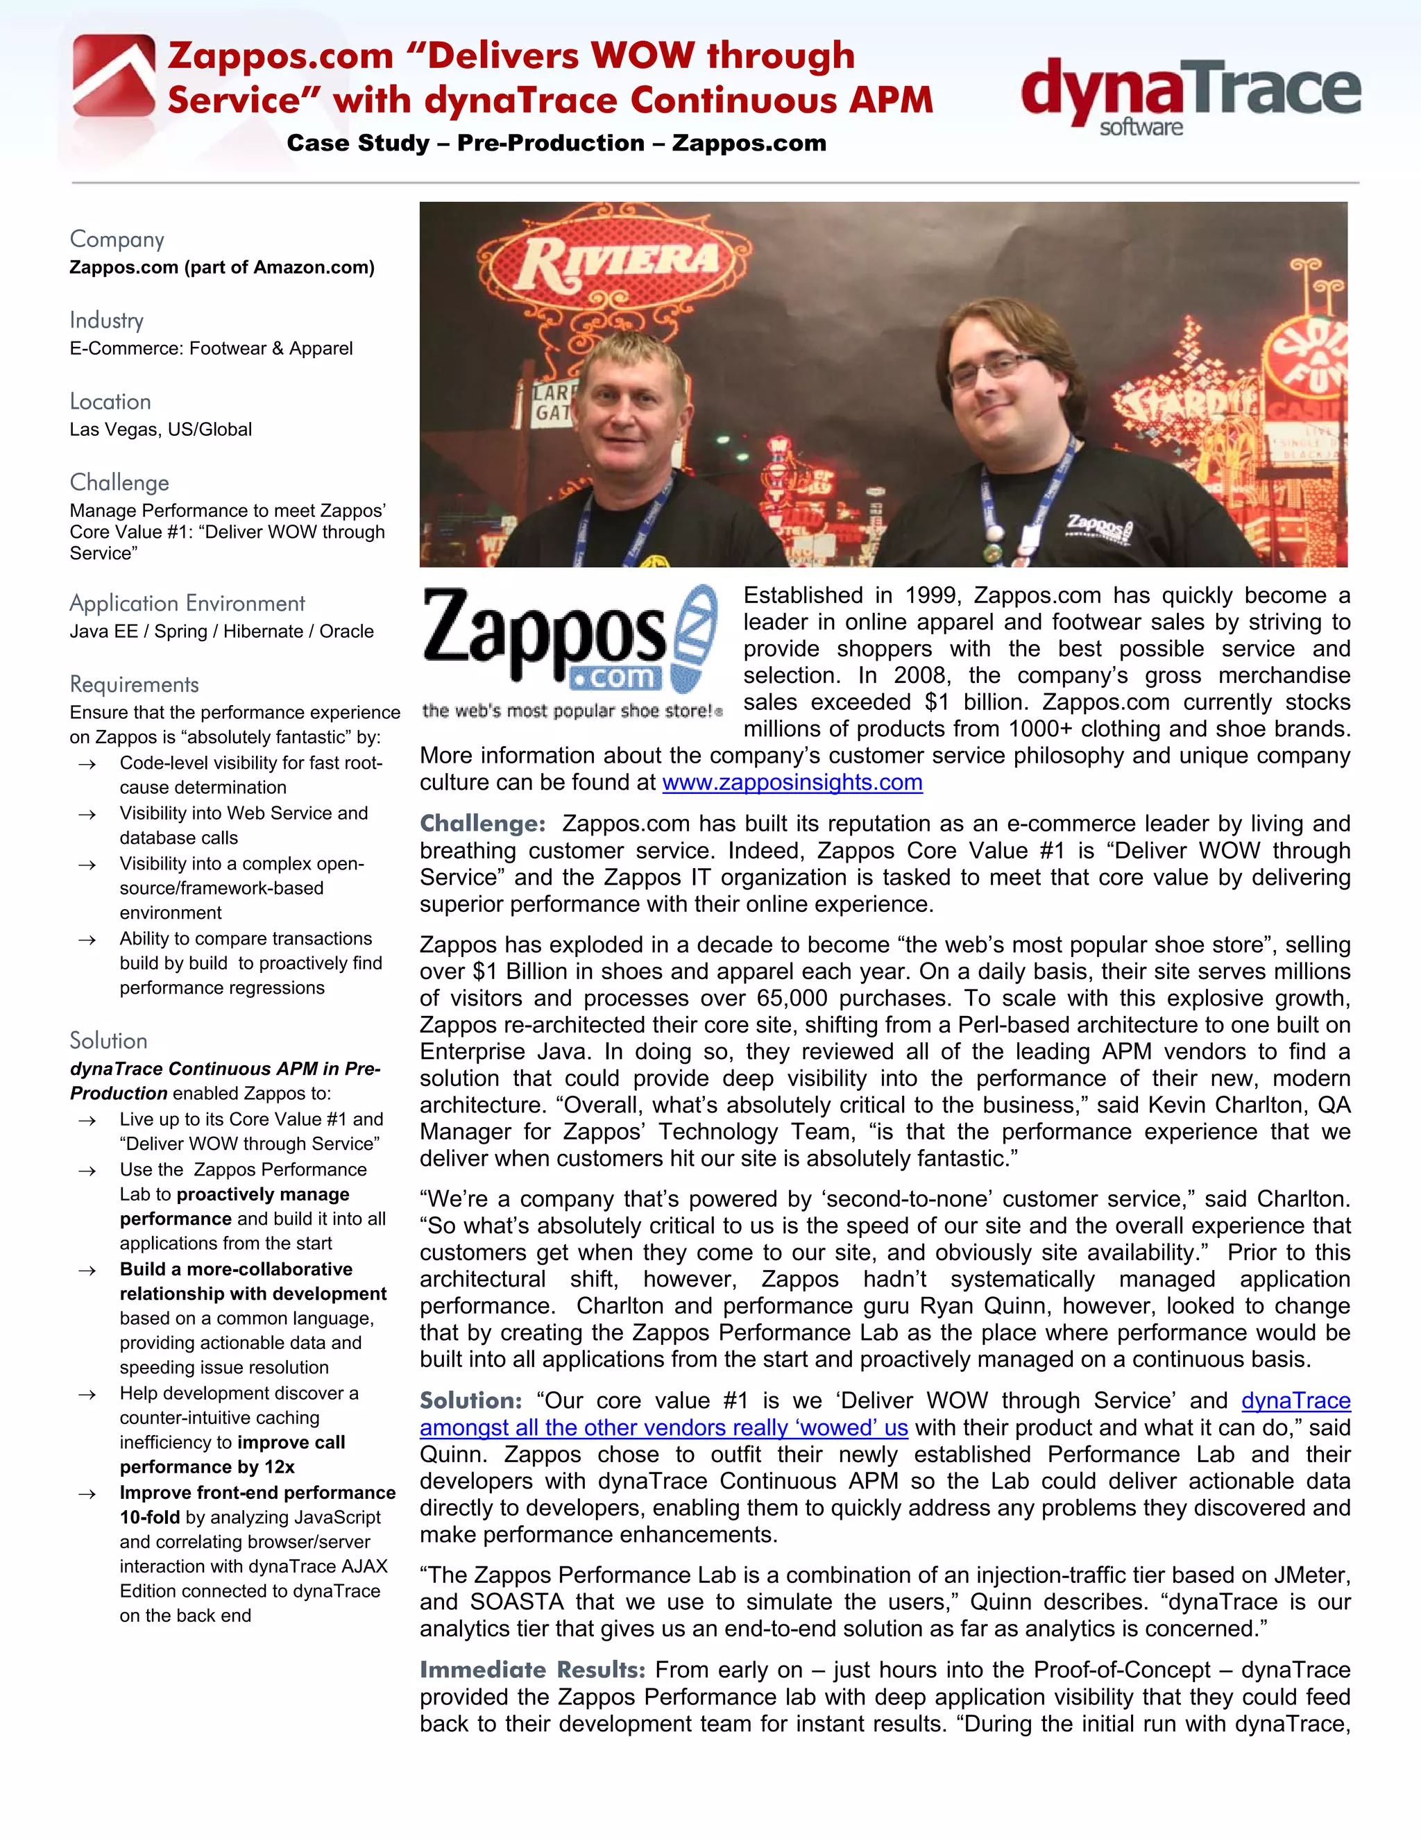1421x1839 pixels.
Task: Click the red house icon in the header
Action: click(114, 76)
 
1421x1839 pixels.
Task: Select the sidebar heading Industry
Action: click(107, 320)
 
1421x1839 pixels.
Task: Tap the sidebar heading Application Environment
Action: click(187, 603)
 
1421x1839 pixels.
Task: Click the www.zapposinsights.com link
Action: click(792, 782)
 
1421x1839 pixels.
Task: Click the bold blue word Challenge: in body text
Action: click(482, 824)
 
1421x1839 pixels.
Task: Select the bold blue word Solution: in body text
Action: click(470, 1400)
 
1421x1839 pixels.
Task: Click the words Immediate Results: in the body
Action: click(532, 1669)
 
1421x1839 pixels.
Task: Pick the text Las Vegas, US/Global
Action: click(161, 430)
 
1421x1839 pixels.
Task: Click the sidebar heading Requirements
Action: click(135, 684)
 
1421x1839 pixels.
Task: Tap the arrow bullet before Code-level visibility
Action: click(87, 764)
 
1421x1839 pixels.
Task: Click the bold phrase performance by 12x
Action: click(207, 1467)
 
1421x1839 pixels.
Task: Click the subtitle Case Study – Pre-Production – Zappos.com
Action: click(556, 143)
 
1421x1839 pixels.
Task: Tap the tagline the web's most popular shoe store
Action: click(569, 711)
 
